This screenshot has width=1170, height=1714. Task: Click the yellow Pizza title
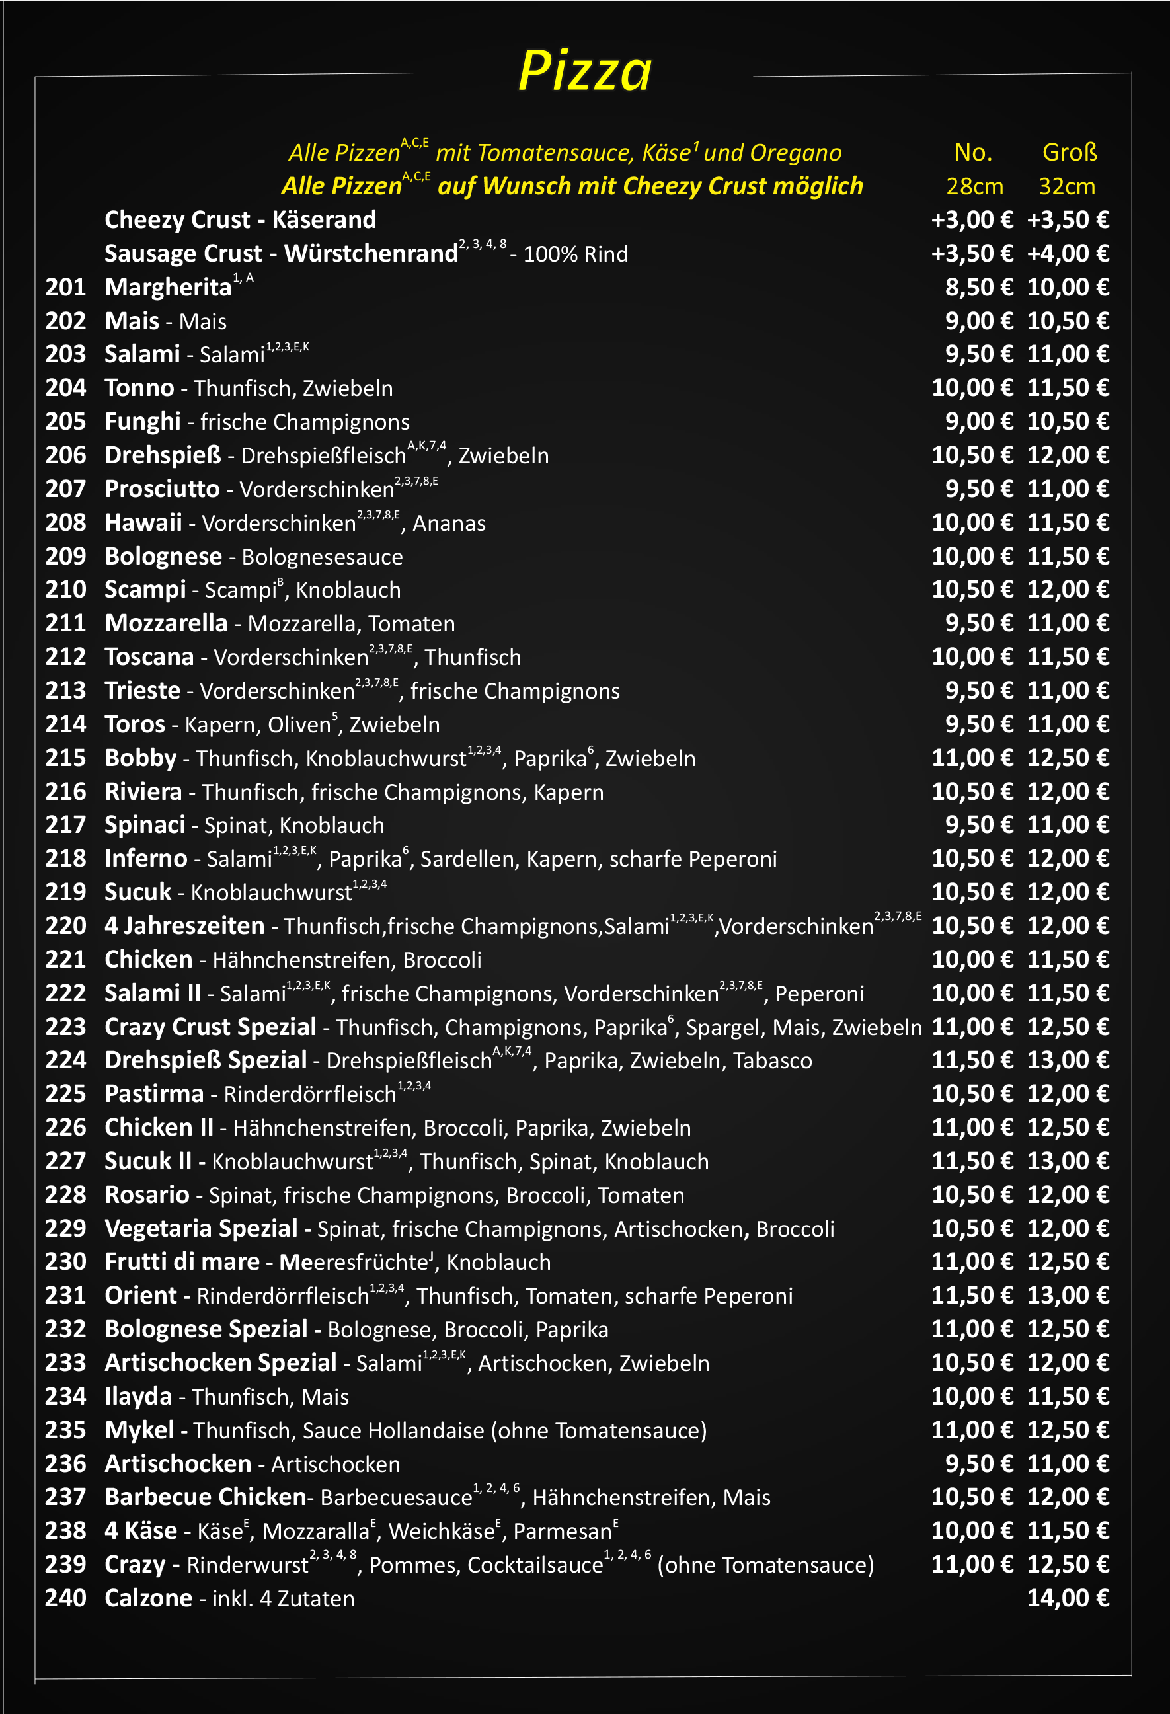point(585,71)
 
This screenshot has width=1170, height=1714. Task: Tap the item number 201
point(65,287)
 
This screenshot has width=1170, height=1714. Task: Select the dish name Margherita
point(168,287)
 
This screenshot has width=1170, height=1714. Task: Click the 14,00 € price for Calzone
point(1068,1598)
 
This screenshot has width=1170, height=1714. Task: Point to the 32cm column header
point(1067,186)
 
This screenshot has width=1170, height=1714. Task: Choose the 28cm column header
point(974,186)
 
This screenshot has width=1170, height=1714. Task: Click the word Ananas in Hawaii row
point(449,523)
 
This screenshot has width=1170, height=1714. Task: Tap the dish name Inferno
point(146,859)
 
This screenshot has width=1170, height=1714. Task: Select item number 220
point(65,925)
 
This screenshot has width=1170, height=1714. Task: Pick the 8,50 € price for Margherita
point(979,287)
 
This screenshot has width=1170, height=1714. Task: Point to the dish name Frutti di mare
point(182,1262)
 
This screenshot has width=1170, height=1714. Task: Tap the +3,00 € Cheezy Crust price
point(972,219)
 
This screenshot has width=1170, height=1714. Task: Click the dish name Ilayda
point(138,1396)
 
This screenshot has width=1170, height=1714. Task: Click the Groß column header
point(1069,152)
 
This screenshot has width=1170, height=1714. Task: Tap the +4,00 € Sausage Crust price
point(1068,254)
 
